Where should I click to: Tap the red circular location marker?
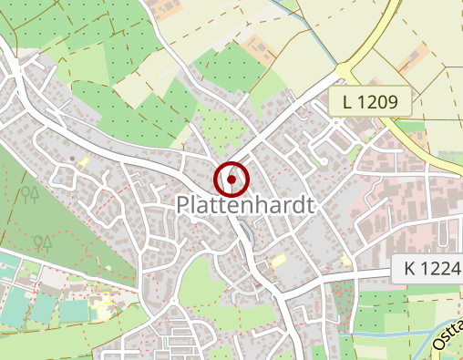(231, 179)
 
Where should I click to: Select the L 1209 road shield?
(371, 102)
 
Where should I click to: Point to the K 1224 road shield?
(427, 269)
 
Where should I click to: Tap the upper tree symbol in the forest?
(30, 194)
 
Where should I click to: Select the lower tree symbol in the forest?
(41, 242)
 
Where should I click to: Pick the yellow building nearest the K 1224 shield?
(345, 261)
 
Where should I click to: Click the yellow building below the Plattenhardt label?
(277, 262)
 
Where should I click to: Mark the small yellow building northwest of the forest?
(83, 163)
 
